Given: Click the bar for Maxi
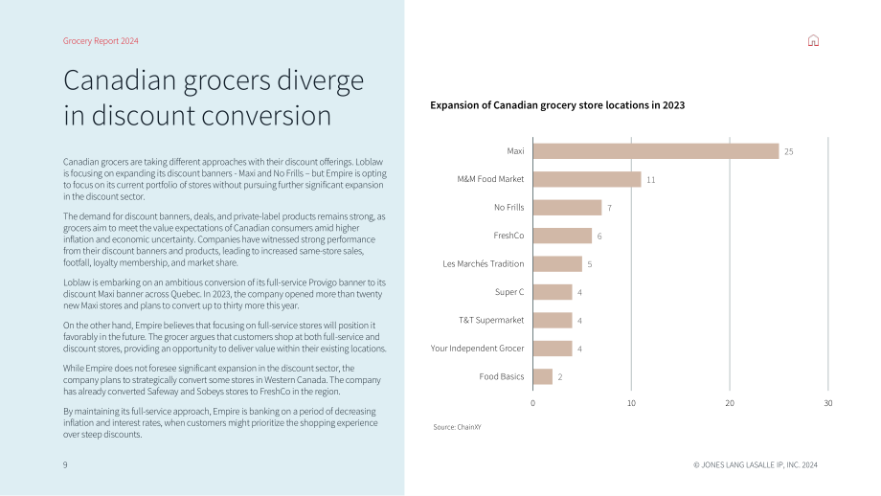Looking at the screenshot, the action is (656, 151).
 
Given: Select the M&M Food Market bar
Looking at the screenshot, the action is (587, 179).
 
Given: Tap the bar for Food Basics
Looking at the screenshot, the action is (543, 376).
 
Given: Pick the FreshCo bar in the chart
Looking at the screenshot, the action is (562, 236).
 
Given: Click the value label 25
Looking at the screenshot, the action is (789, 151).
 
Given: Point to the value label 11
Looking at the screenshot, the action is (650, 180).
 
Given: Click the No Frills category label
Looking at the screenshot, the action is (509, 207).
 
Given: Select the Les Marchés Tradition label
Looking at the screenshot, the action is (484, 263).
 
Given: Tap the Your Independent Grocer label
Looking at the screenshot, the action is (477, 349).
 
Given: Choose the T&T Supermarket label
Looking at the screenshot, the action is (491, 320).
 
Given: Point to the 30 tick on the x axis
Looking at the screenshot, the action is (828, 403).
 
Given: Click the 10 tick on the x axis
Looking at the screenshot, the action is (631, 403).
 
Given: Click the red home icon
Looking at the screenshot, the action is (813, 40).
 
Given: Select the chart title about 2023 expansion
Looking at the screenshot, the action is (557, 105).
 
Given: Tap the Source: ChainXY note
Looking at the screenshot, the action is (457, 427).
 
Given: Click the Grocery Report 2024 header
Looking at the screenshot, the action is (101, 41).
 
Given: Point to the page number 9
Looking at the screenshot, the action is (65, 465).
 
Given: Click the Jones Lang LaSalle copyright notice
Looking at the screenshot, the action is (756, 465).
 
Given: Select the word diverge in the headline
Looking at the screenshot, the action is (320, 80).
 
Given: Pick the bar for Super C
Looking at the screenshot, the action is (553, 292).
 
